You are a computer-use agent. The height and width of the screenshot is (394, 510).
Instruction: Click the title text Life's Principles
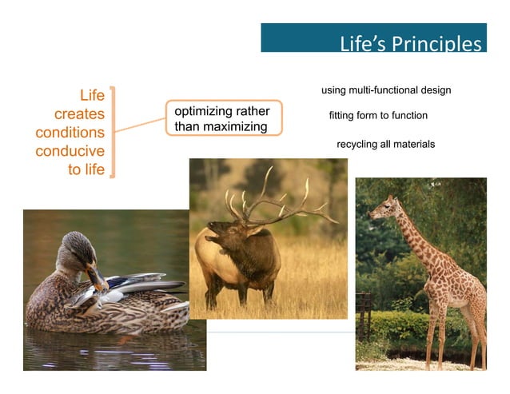410,42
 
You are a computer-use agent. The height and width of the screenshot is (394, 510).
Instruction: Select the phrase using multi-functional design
385,90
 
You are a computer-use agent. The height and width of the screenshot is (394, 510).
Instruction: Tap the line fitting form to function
378,116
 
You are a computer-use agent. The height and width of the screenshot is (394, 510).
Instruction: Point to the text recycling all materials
385,144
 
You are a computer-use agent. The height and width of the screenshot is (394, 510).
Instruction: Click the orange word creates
79,114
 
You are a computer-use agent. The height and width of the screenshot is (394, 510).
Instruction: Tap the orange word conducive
70,150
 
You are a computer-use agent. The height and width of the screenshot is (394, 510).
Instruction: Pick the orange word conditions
70,133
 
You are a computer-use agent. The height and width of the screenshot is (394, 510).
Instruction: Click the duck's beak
98,279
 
